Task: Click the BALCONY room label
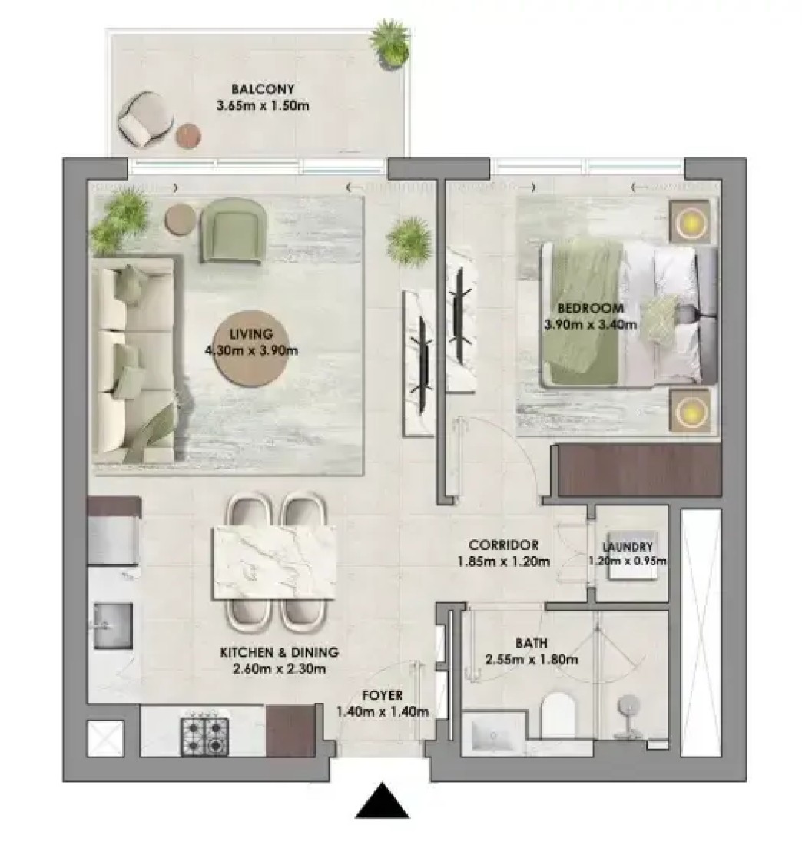tap(263, 89)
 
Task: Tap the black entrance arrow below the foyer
tap(382, 800)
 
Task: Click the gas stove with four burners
tap(204, 736)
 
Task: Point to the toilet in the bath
tap(558, 715)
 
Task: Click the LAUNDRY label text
tap(629, 546)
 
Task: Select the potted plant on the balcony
tap(389, 42)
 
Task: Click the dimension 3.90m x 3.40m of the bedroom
tap(591, 325)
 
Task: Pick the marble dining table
tap(275, 562)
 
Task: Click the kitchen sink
tap(113, 625)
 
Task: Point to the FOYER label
tap(382, 695)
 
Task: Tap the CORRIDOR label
tap(503, 545)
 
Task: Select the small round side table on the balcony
tap(189, 135)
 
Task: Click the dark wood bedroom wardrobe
tap(639, 469)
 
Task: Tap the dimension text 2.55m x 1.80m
tap(532, 660)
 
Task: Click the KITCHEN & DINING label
tap(279, 652)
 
